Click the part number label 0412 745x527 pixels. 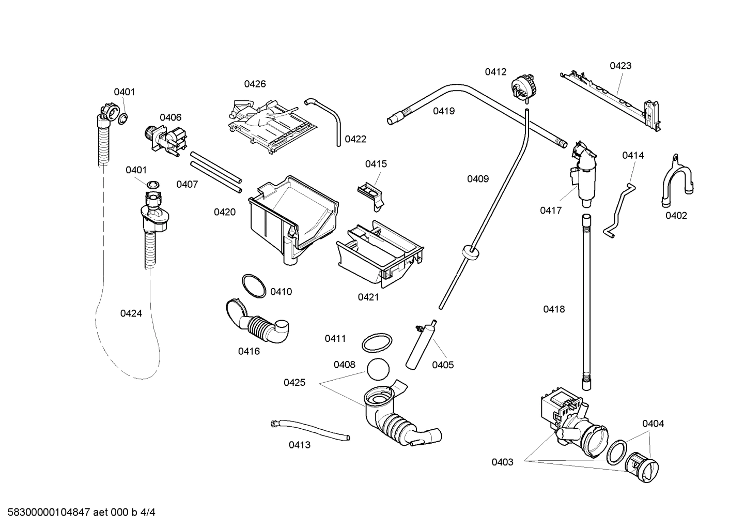click(495, 72)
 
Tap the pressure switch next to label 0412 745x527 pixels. click(522, 86)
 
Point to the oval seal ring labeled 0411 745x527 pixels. click(376, 342)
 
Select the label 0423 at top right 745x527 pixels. click(620, 66)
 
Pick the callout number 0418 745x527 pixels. click(554, 309)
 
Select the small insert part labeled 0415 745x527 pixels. click(371, 193)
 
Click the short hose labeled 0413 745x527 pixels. click(309, 430)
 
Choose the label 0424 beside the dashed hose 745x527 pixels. click(131, 313)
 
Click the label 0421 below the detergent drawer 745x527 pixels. click(368, 297)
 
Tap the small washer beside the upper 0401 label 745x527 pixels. click(122, 119)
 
